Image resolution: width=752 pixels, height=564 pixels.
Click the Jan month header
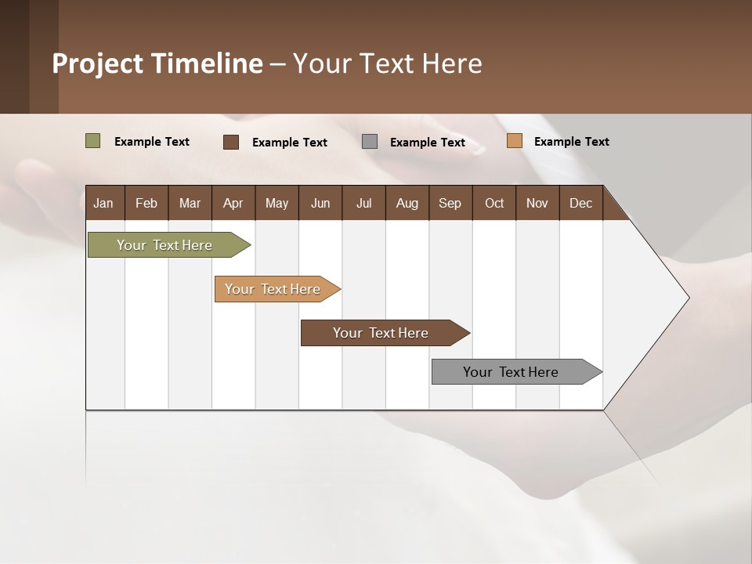(x=103, y=203)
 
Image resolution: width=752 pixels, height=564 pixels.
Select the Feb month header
(x=146, y=203)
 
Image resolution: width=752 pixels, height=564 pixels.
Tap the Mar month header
(x=190, y=203)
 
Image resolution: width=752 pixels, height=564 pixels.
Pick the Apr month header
(x=233, y=203)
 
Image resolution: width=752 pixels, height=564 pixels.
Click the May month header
(x=277, y=203)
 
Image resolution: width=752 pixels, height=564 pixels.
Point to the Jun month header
(x=320, y=203)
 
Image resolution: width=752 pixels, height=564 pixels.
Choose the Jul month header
(x=363, y=203)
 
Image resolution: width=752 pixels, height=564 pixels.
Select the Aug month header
(x=407, y=203)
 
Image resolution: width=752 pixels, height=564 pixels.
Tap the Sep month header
(x=450, y=203)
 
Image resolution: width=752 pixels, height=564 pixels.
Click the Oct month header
(x=494, y=203)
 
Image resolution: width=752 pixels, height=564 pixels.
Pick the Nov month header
(x=537, y=203)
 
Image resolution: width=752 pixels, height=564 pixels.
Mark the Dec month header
(x=580, y=203)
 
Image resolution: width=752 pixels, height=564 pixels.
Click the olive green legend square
(x=92, y=141)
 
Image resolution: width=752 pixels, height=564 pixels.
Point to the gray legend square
(x=370, y=142)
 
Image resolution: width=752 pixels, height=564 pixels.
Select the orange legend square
(x=514, y=141)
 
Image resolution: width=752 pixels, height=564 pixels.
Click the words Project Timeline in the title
(x=157, y=63)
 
